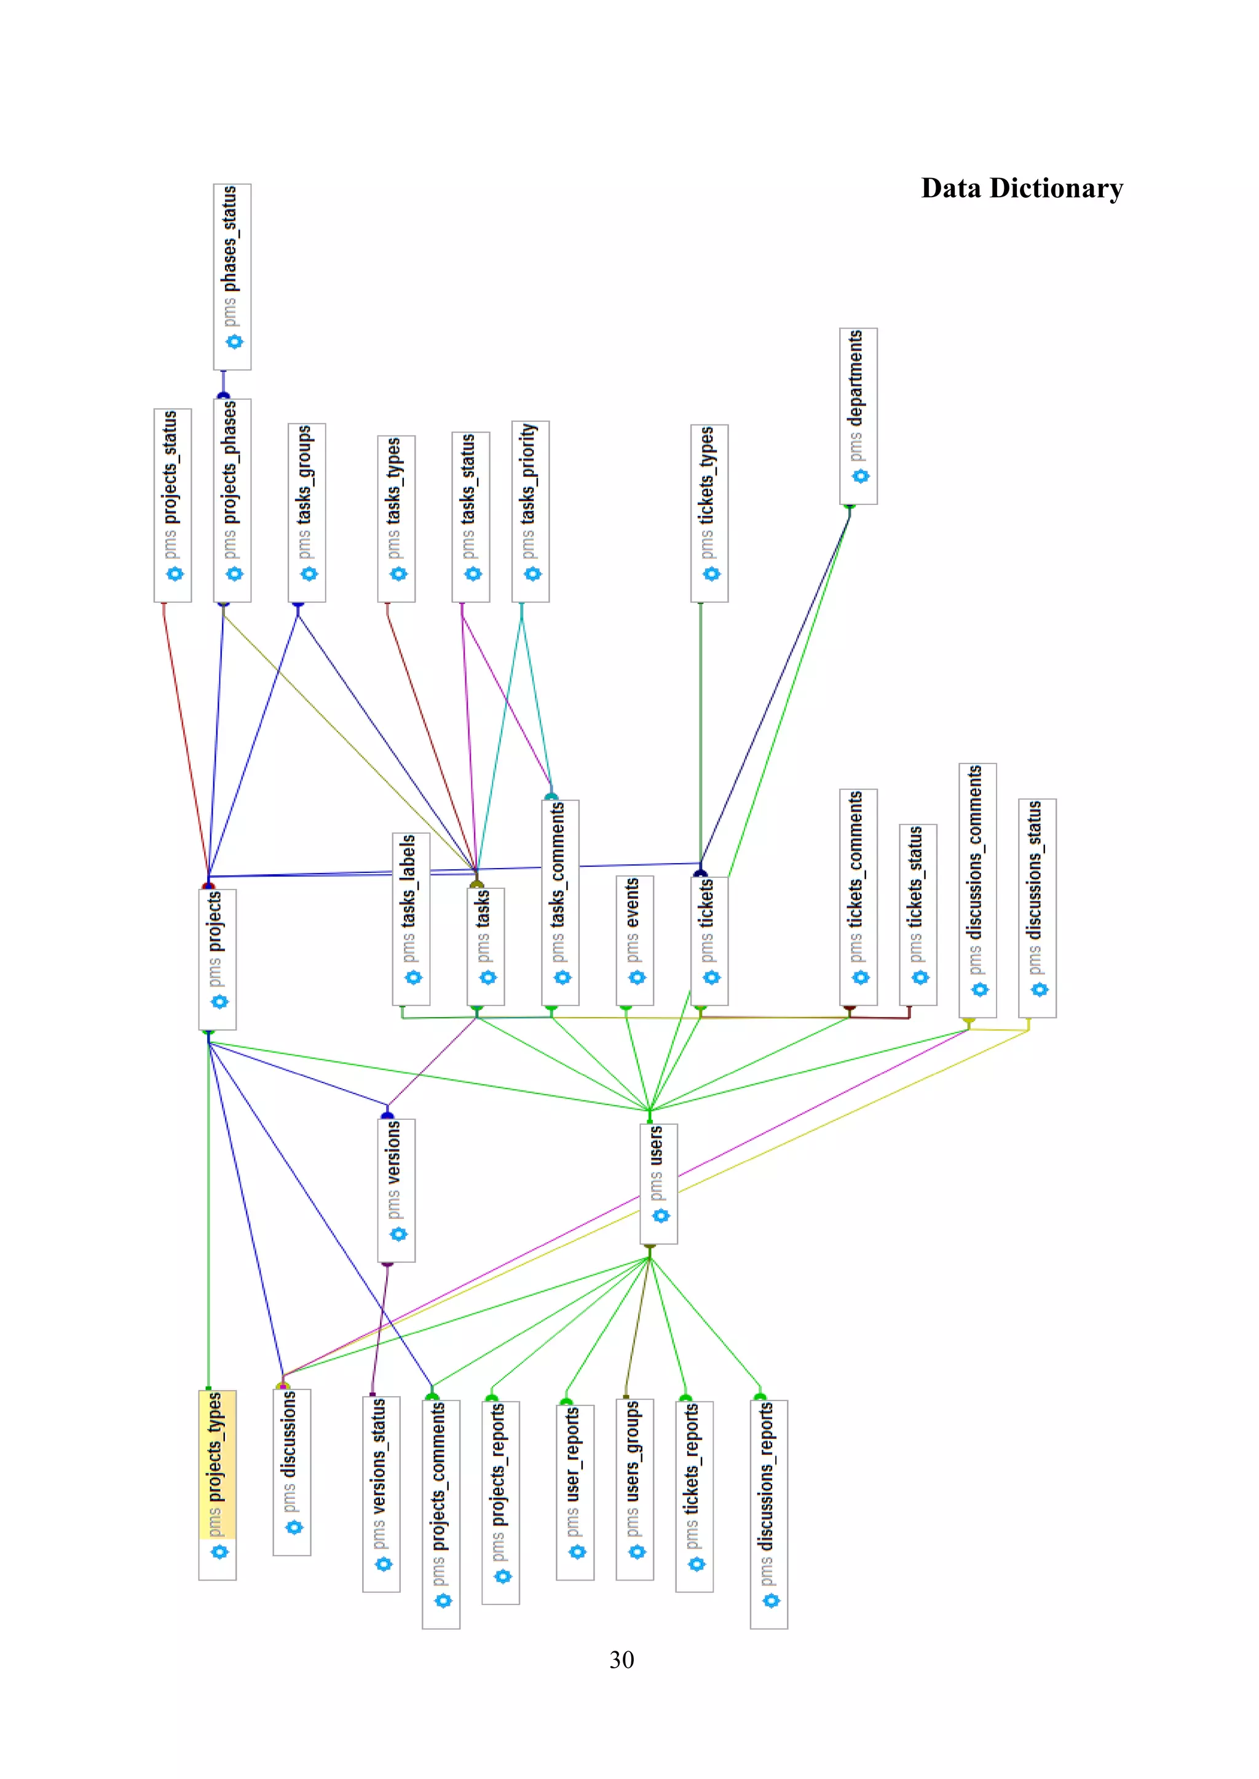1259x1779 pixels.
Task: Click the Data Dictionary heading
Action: [x=1022, y=189]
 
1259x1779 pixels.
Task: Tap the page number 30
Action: [x=621, y=1660]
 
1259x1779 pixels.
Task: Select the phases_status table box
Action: [x=232, y=276]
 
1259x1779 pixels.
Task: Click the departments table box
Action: [x=858, y=416]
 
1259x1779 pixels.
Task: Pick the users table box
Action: [x=659, y=1183]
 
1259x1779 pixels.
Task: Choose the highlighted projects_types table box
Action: [x=217, y=1485]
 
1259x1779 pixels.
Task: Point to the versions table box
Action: [x=396, y=1189]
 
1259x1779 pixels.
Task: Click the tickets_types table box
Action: [x=709, y=513]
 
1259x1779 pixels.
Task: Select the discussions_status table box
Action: [x=1037, y=908]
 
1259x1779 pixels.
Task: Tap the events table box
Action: [x=635, y=940]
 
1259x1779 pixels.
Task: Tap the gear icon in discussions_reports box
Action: [x=771, y=1600]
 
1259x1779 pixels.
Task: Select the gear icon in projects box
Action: [x=219, y=1002]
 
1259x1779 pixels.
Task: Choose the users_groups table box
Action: [x=635, y=1489]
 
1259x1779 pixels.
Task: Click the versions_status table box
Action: [x=381, y=1494]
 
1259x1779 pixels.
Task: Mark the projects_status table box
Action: [x=172, y=505]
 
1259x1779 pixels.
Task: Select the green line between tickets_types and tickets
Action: [x=701, y=736]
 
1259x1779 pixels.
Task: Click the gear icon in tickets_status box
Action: [x=920, y=977]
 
